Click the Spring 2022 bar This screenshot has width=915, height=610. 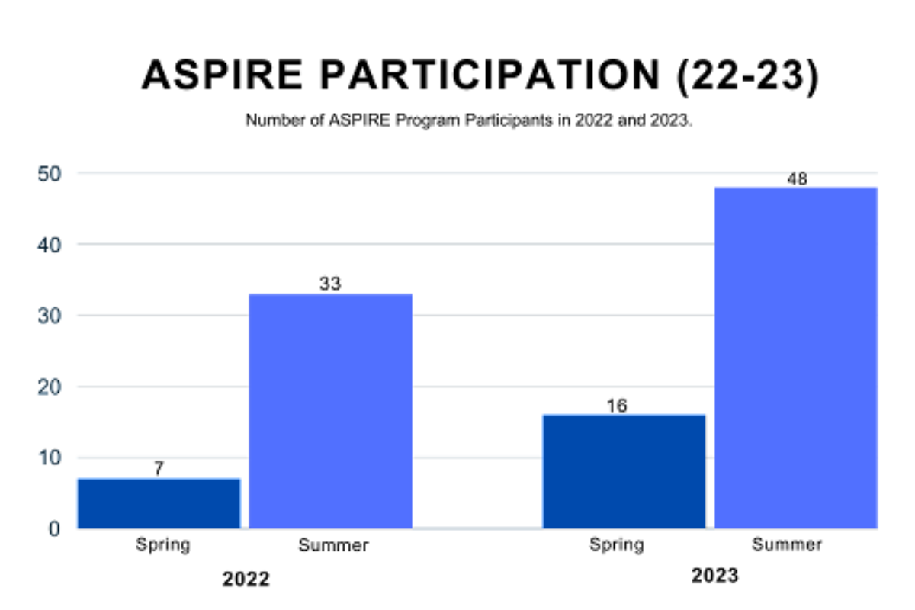[159, 503]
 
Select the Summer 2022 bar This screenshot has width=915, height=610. [331, 412]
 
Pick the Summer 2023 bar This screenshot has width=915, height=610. [796, 358]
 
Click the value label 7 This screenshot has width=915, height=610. [159, 469]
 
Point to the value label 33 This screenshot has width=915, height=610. [330, 284]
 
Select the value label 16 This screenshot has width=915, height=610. [617, 406]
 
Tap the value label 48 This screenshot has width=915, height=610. [797, 179]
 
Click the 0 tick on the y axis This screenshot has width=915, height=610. [54, 528]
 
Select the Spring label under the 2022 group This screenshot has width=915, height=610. [162, 545]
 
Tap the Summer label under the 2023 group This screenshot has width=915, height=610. [787, 545]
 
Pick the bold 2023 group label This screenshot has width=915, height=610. [714, 576]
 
